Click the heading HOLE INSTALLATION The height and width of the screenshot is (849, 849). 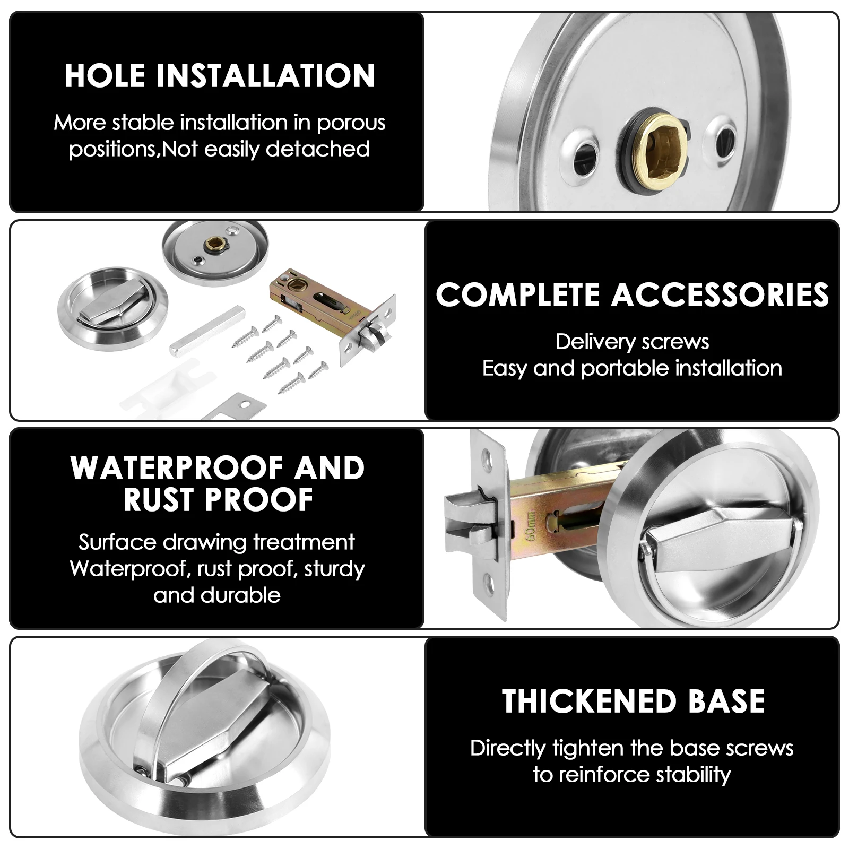point(220,75)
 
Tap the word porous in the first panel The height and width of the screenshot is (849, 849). point(351,123)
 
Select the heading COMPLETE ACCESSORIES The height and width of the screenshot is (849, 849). point(632,295)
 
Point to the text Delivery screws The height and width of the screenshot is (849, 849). point(632,342)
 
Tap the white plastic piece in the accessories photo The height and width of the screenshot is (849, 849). point(159,385)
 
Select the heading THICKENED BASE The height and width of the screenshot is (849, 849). point(633,701)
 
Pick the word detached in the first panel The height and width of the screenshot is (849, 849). point(317,149)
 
